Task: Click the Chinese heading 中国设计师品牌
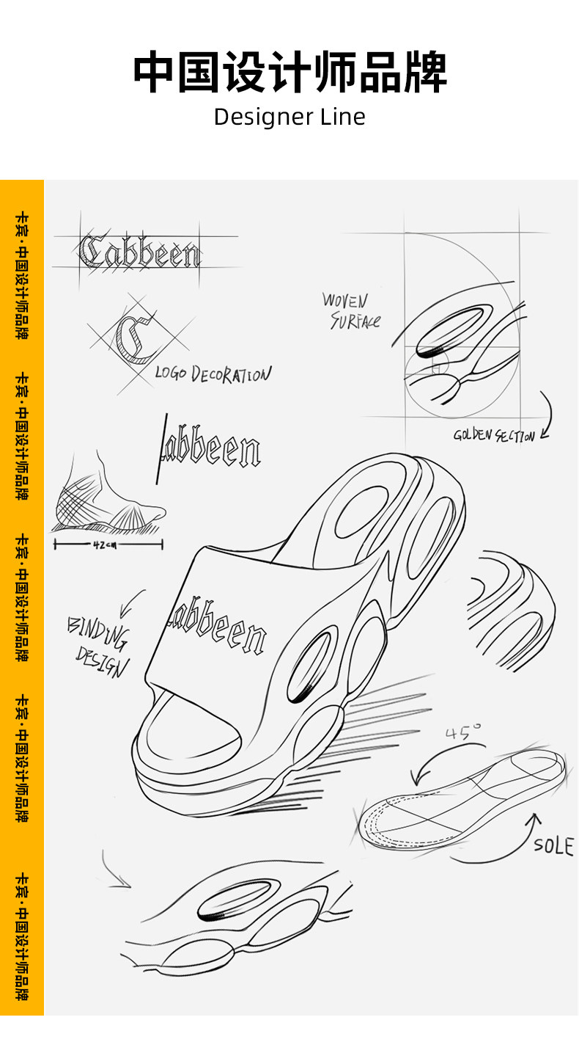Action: tap(289, 72)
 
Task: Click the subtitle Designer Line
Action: tap(289, 117)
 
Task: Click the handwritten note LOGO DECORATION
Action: tap(213, 374)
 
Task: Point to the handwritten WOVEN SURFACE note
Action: tap(350, 310)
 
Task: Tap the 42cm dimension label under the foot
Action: tap(106, 544)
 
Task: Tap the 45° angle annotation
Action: tap(463, 732)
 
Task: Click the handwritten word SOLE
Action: tap(553, 845)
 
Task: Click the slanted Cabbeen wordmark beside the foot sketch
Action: tap(209, 448)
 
